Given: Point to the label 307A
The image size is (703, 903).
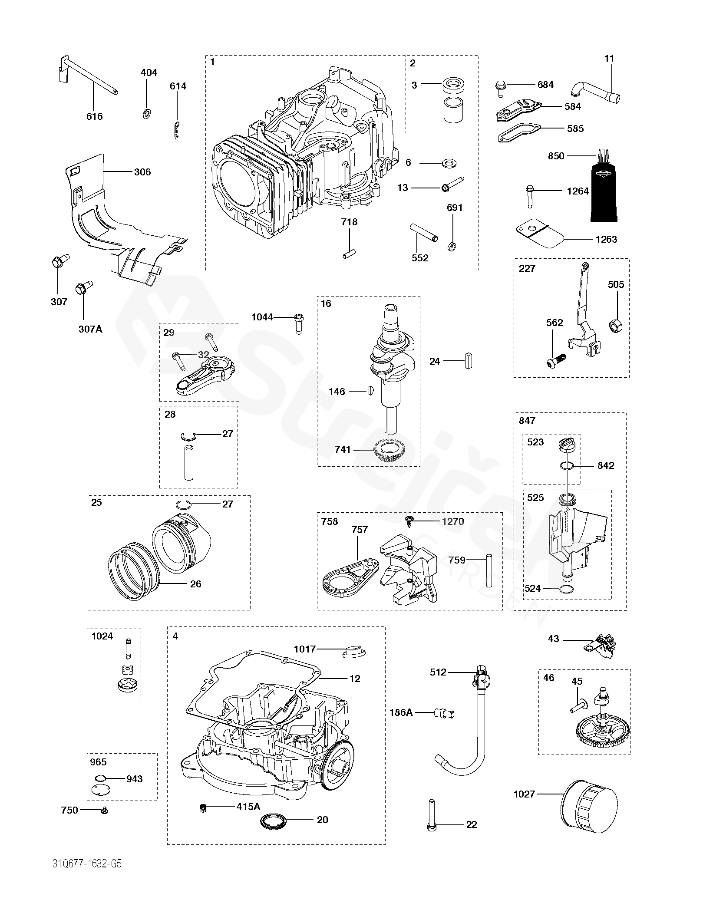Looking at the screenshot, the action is pyautogui.click(x=91, y=329).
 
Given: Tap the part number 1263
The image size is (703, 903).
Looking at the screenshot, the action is pyautogui.click(x=606, y=239).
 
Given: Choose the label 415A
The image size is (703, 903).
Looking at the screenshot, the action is pyautogui.click(x=248, y=807).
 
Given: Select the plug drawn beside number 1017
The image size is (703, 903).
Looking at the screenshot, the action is pyautogui.click(x=354, y=652).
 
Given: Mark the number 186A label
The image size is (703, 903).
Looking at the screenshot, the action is pyautogui.click(x=401, y=712).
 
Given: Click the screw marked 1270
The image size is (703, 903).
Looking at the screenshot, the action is pyautogui.click(x=409, y=522).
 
